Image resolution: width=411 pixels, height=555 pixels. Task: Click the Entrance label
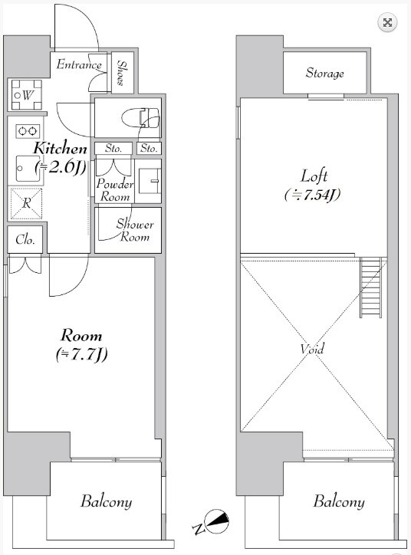[x=79, y=64]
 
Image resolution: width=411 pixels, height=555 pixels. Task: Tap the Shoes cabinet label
[x=121, y=73]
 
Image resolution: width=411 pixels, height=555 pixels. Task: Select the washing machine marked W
[x=27, y=95]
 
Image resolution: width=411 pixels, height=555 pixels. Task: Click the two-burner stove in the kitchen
[x=28, y=131]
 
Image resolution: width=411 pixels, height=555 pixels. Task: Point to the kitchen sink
[x=28, y=169]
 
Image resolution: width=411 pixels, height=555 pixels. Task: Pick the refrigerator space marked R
[x=27, y=203]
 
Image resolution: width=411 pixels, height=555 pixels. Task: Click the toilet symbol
[x=140, y=118]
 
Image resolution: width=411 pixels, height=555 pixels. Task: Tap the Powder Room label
[x=115, y=189]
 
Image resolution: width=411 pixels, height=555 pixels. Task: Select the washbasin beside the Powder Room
[x=150, y=181]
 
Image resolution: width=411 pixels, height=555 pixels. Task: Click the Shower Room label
[x=135, y=230]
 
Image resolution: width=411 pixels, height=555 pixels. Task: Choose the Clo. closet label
[x=25, y=240]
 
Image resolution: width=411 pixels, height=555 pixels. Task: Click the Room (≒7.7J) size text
[x=81, y=346]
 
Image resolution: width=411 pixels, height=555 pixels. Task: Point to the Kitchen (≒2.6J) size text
[x=60, y=158]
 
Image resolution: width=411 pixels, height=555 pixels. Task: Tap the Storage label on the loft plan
[x=324, y=74]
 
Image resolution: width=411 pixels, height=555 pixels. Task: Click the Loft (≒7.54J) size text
[x=313, y=186]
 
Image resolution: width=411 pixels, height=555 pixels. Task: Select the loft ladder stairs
[x=370, y=287]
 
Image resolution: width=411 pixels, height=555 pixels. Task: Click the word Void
[x=312, y=349]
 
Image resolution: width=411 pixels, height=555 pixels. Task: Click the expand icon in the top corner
[x=387, y=23]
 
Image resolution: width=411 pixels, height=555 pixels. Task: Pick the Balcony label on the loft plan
[x=338, y=501]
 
